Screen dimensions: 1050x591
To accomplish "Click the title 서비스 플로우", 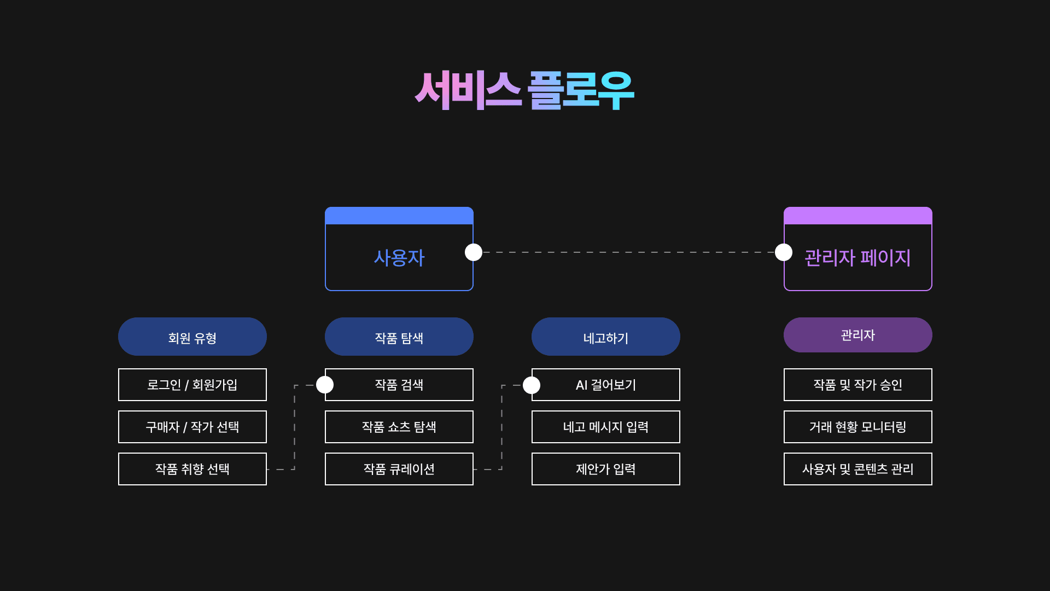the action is (524, 90).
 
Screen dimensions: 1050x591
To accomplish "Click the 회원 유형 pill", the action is (192, 337).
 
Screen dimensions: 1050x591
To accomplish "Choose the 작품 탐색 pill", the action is (399, 337).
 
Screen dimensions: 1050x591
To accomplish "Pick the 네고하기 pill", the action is (605, 337).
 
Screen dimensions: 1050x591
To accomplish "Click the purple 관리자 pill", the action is (857, 335).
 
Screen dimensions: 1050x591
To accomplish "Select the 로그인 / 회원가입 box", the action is (192, 385).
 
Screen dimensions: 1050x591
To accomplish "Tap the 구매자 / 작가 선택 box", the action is (192, 427).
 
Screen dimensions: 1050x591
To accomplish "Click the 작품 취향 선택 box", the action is (192, 469).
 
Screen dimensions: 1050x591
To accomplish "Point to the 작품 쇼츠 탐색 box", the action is (399, 427).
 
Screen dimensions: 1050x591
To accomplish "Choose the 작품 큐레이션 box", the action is (399, 469).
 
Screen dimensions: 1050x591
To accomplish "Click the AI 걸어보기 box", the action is (605, 385).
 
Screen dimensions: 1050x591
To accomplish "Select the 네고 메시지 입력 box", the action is (605, 427).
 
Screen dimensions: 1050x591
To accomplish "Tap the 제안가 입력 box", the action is (605, 469).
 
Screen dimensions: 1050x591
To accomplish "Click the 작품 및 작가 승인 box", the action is (857, 385).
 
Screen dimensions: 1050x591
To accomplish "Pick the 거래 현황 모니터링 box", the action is (857, 427).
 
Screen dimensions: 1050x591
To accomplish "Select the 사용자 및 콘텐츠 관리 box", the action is (857, 469).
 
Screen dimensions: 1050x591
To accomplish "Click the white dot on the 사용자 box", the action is (474, 252).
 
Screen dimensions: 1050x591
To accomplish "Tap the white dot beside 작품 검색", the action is (325, 385).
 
